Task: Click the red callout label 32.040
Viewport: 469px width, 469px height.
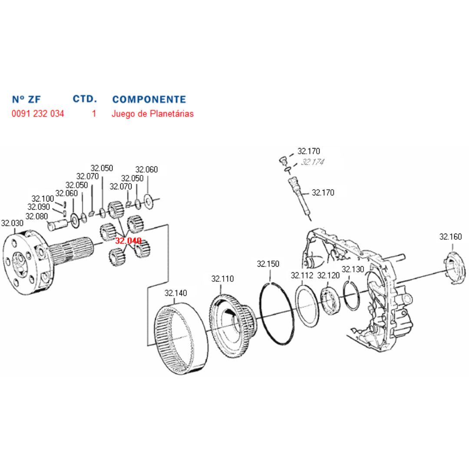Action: coord(128,241)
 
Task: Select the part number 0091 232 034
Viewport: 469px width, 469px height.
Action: coord(38,114)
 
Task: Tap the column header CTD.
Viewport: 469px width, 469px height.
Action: coord(85,99)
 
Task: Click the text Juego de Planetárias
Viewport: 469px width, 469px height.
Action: coord(152,114)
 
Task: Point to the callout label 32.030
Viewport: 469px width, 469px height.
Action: coord(12,223)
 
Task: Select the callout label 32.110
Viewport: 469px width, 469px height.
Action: coord(223,279)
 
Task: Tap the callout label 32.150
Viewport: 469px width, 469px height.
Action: coord(268,264)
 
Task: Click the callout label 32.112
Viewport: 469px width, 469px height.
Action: coord(302,275)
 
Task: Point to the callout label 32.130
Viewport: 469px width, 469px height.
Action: coord(353,269)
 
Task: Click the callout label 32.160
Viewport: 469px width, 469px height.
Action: coord(450,237)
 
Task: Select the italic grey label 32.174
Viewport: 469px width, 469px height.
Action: coord(313,162)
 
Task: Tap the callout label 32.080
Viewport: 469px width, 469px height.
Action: coord(36,216)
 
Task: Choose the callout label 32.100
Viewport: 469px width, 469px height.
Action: coord(43,198)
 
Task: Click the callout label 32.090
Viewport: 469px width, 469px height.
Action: coord(39,207)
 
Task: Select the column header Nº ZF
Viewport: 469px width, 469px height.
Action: coord(26,99)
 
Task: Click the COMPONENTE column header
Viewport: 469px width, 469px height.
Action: coord(149,99)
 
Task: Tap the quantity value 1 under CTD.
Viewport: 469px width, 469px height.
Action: coord(94,114)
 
